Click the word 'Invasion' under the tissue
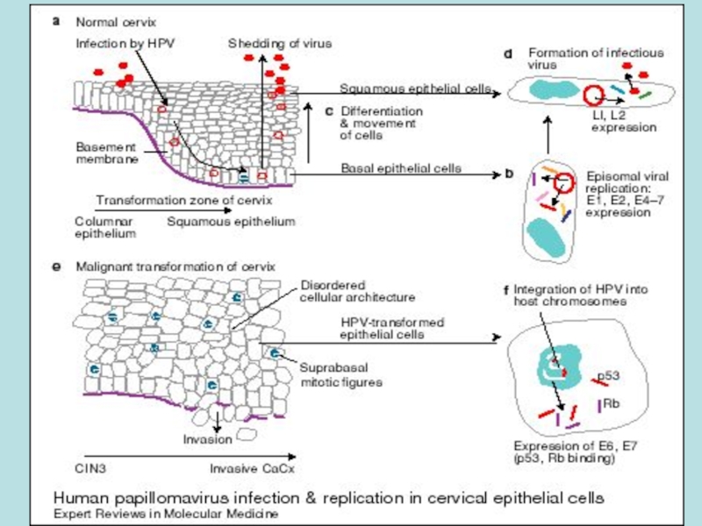pos(207,438)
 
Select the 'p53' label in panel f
pos(609,376)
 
